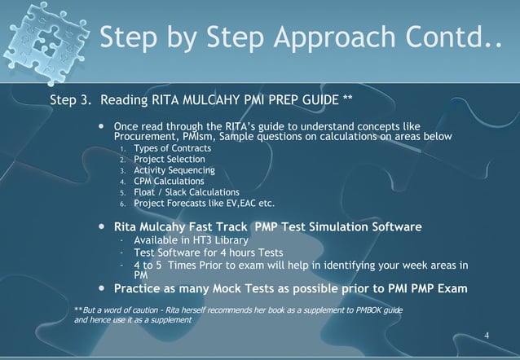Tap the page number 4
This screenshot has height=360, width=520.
coord(487,336)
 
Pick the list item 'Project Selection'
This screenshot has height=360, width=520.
coord(171,160)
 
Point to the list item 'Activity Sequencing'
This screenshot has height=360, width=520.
coord(174,170)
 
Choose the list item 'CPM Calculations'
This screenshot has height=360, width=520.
coord(170,182)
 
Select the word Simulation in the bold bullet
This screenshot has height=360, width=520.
coord(334,225)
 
